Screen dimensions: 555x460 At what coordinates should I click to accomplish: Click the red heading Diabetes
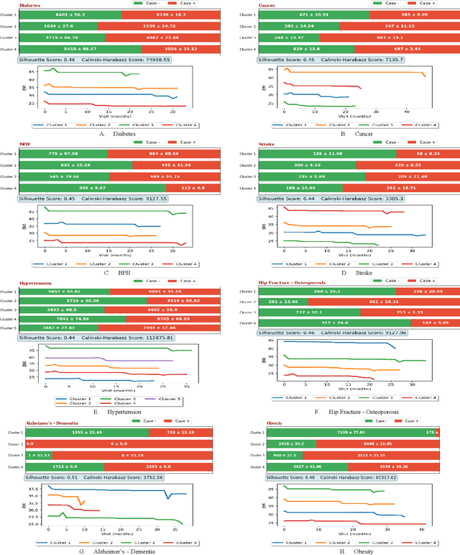click(x=29, y=4)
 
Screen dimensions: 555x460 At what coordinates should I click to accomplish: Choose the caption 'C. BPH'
click(x=115, y=271)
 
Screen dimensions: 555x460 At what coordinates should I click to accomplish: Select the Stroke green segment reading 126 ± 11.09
click(x=327, y=153)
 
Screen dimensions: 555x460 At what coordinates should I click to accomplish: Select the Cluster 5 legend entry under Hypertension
click(x=170, y=398)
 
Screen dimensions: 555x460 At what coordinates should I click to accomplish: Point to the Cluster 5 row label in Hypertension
click(x=8, y=328)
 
